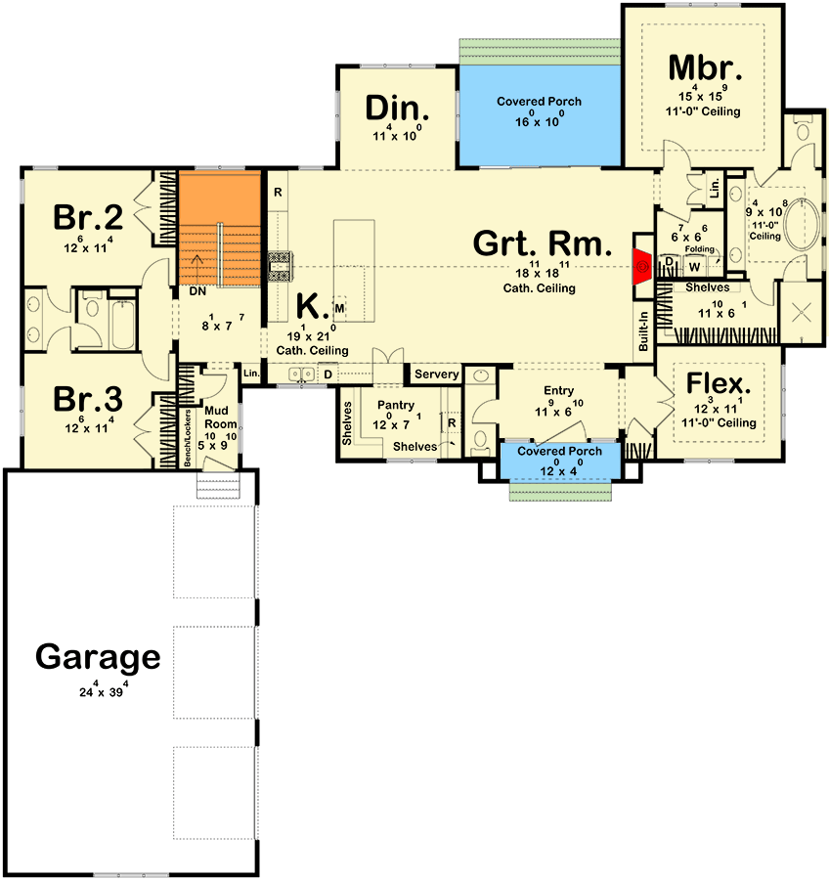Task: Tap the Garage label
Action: point(98,657)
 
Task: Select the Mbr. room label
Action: point(707,67)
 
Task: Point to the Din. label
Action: point(395,108)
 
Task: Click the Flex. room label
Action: point(718,381)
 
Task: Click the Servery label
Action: point(436,374)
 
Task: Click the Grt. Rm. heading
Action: point(543,243)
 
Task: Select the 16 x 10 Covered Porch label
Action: point(539,102)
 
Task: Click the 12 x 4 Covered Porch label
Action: point(558,452)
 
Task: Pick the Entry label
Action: point(558,391)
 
